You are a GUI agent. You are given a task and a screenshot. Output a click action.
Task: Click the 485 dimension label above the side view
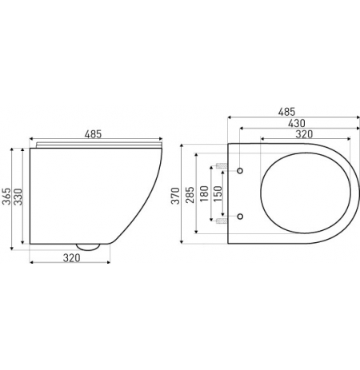pos(93,134)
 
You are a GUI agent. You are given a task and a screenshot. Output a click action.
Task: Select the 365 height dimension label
pos(6,197)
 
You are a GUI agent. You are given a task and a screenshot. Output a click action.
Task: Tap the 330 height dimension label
pos(18,197)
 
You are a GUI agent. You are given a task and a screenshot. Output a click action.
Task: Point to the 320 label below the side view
pos(71,258)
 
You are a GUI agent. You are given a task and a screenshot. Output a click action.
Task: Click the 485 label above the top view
pos(287,112)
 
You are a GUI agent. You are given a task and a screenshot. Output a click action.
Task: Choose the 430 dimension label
pos(297,123)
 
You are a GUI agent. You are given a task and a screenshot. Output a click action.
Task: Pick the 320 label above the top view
pos(304,134)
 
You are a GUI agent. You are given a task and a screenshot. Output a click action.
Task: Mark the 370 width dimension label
pos(175,196)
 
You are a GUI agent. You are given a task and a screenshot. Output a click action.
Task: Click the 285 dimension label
pos(190,195)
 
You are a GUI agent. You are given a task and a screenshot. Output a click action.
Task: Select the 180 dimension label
pos(204,193)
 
